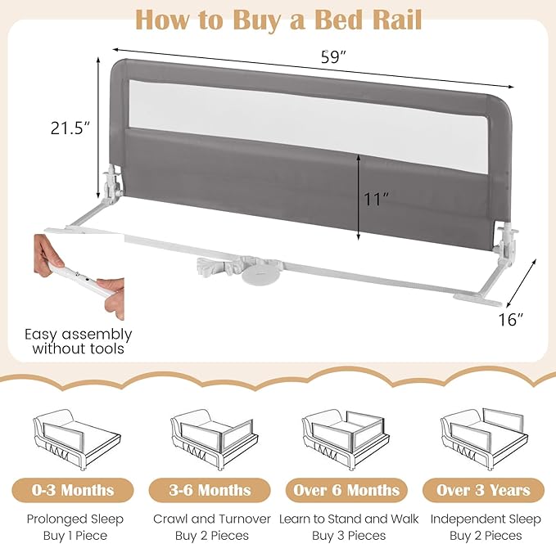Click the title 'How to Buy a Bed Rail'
pyautogui.click(x=278, y=19)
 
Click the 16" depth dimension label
pyautogui.click(x=510, y=320)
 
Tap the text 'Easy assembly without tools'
pyautogui.click(x=78, y=341)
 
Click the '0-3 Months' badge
pyautogui.click(x=75, y=490)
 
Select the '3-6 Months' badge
pyautogui.click(x=210, y=490)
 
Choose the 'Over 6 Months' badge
pyautogui.click(x=347, y=490)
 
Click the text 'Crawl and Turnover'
pyautogui.click(x=210, y=519)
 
